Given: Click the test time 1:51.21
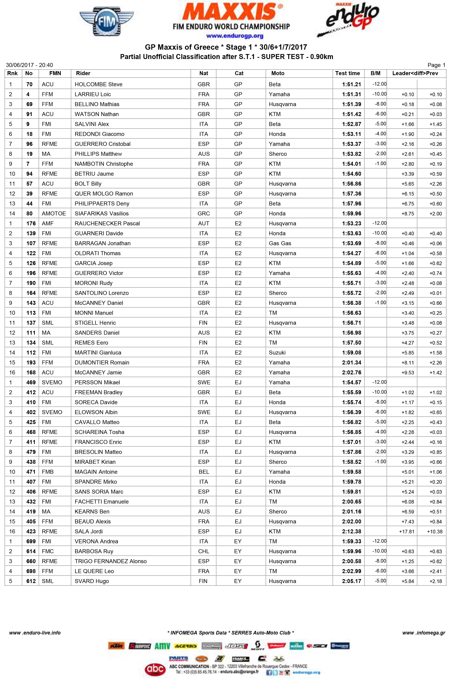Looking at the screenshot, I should (x=351, y=84).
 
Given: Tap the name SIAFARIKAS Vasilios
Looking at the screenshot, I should (x=101, y=214).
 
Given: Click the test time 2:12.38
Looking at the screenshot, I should (x=351, y=532).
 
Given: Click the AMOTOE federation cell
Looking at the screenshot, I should (x=54, y=214).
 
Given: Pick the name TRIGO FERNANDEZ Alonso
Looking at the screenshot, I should (x=111, y=561).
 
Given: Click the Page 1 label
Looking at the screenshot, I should (x=436, y=65).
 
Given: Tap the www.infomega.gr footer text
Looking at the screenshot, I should (x=423, y=632).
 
